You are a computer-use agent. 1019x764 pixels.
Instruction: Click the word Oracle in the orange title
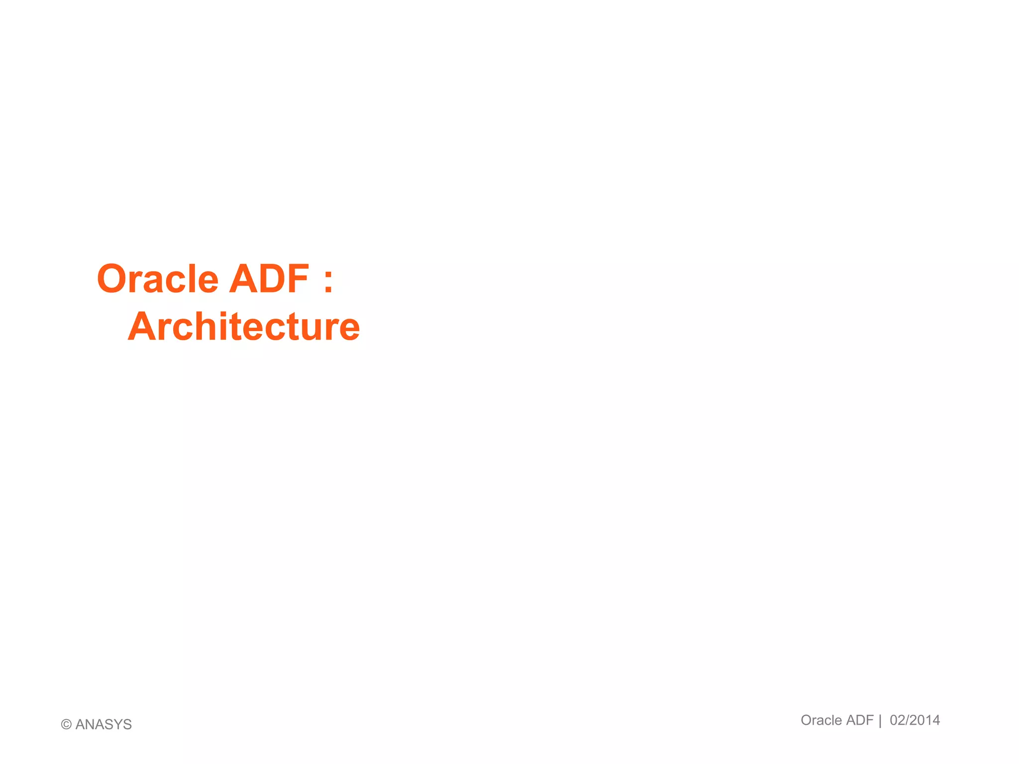click(x=158, y=279)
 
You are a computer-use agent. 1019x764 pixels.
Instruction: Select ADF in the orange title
click(x=269, y=279)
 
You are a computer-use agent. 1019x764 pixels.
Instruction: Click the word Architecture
click(x=244, y=327)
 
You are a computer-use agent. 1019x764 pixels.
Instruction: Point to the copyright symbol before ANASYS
click(x=66, y=725)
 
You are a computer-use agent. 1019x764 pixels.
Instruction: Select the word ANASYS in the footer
click(x=103, y=725)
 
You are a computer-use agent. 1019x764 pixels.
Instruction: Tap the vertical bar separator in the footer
click(x=880, y=721)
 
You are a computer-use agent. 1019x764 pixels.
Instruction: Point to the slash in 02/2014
click(x=907, y=720)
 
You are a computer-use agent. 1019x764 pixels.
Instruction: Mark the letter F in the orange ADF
click(x=297, y=279)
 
